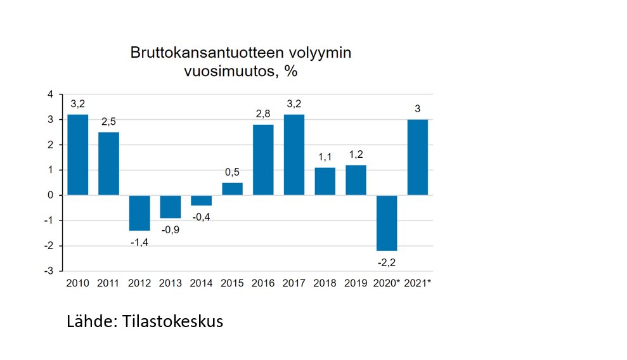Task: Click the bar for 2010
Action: click(78, 155)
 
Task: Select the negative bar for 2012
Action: click(139, 213)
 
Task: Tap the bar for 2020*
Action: click(387, 223)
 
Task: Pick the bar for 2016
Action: click(263, 160)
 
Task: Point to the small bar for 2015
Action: click(232, 189)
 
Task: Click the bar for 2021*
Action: click(417, 157)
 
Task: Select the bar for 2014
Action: click(201, 200)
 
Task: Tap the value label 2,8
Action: click(263, 115)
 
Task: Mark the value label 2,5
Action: click(109, 122)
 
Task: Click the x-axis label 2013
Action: click(171, 283)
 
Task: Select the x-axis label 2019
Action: click(356, 283)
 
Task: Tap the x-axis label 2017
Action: click(294, 283)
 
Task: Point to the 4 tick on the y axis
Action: click(50, 94)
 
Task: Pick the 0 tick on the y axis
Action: click(50, 195)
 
